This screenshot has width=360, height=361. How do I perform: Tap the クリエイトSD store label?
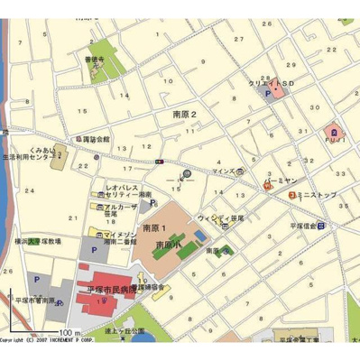pos(272,83)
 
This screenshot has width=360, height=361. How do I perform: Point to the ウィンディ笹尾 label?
pos(222,217)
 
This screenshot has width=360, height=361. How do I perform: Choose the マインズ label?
pos(224,171)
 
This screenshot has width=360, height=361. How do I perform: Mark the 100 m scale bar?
pos(40,333)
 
